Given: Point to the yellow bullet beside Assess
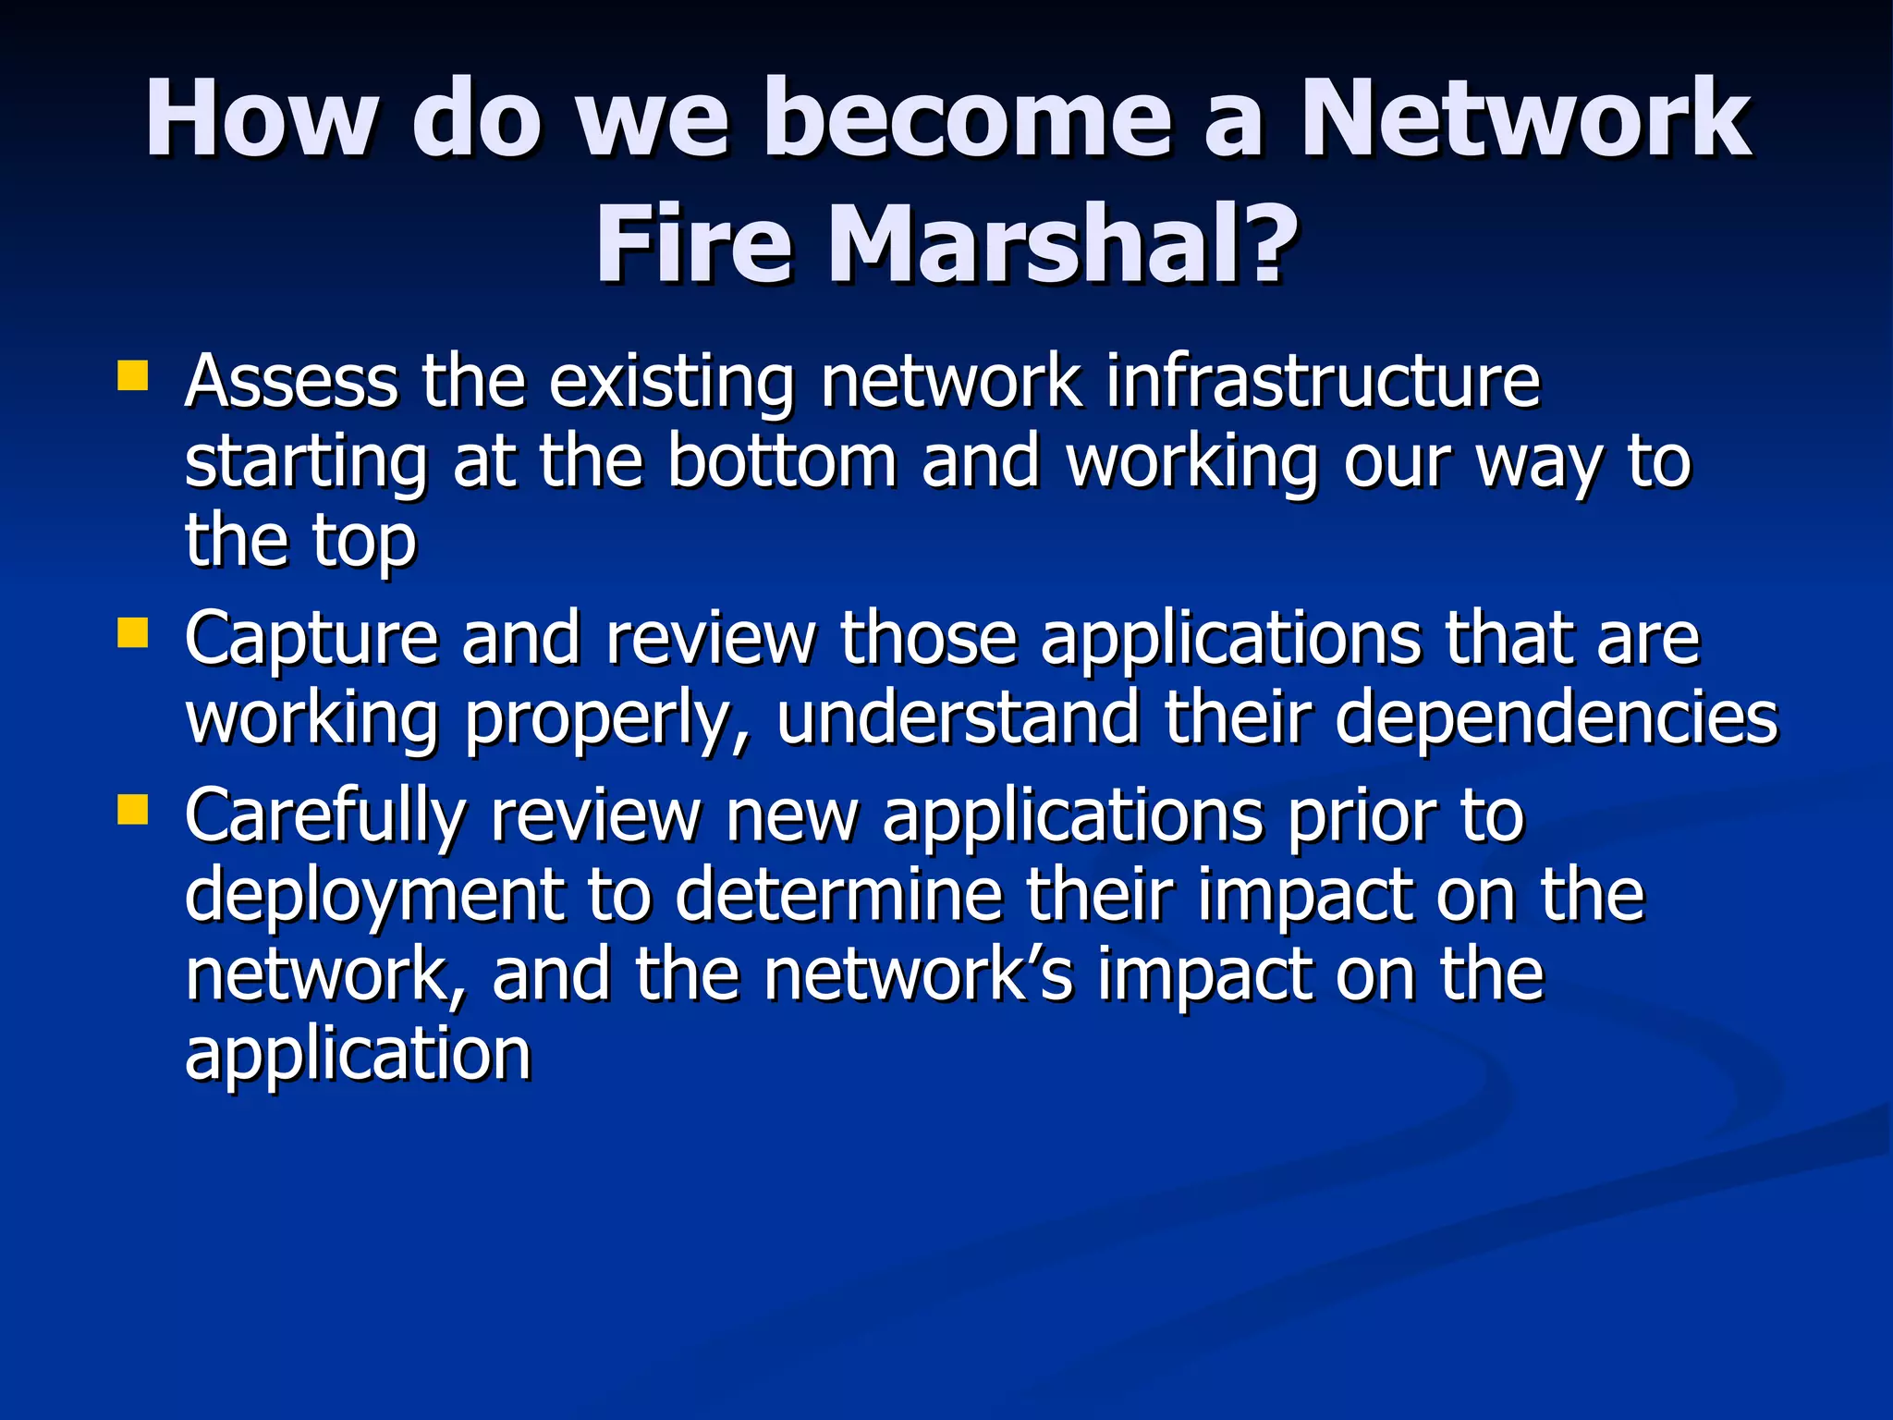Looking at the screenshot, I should pyautogui.click(x=133, y=376).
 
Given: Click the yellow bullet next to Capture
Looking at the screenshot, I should pyautogui.click(x=133, y=633).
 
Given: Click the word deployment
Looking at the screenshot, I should pyautogui.click(x=374, y=897).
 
